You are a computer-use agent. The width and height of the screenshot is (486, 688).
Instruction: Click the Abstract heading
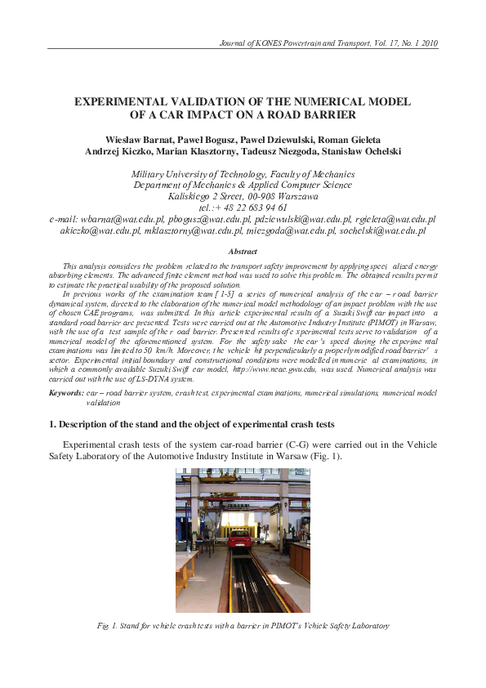(x=243, y=252)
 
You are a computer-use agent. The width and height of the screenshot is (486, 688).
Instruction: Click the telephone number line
(x=243, y=208)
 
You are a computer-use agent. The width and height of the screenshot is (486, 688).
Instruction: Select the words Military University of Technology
(x=199, y=173)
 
